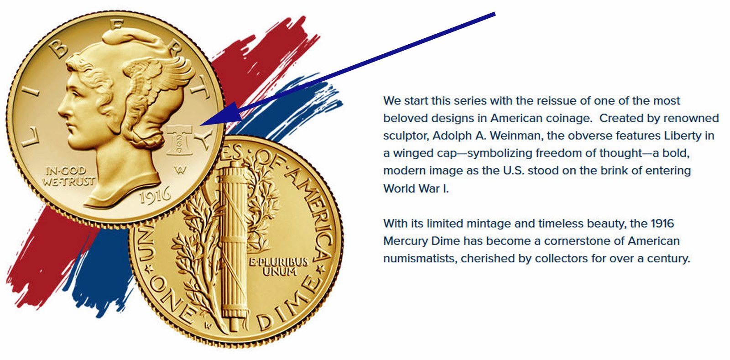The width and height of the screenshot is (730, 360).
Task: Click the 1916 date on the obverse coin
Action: coord(155,195)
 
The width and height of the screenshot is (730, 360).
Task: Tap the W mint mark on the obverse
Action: coord(180,170)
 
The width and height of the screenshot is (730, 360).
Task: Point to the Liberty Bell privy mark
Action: coord(178,140)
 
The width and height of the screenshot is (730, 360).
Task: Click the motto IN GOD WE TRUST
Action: coord(69,176)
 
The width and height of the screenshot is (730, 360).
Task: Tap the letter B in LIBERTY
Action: coord(58,49)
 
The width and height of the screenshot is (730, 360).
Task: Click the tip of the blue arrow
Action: coord(200,125)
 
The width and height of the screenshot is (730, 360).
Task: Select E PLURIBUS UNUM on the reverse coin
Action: coord(279,267)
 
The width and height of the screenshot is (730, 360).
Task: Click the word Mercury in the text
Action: coord(405,241)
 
